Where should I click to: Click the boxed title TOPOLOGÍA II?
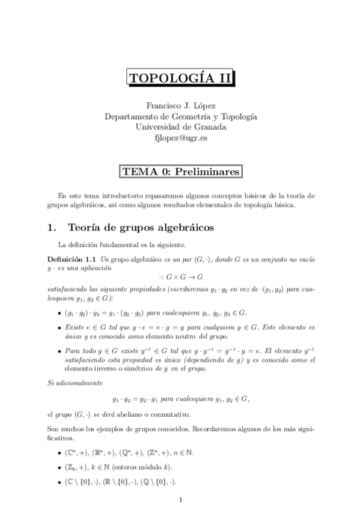(x=180, y=78)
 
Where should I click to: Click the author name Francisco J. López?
(x=180, y=105)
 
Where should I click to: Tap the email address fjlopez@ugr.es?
(x=180, y=138)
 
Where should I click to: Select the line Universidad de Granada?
(x=180, y=127)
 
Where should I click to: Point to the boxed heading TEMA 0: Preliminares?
(x=180, y=171)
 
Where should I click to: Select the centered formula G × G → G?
(x=180, y=277)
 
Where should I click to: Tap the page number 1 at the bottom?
(x=180, y=499)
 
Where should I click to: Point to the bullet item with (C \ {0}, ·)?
(x=120, y=482)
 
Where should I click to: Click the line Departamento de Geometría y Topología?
(x=180, y=116)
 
